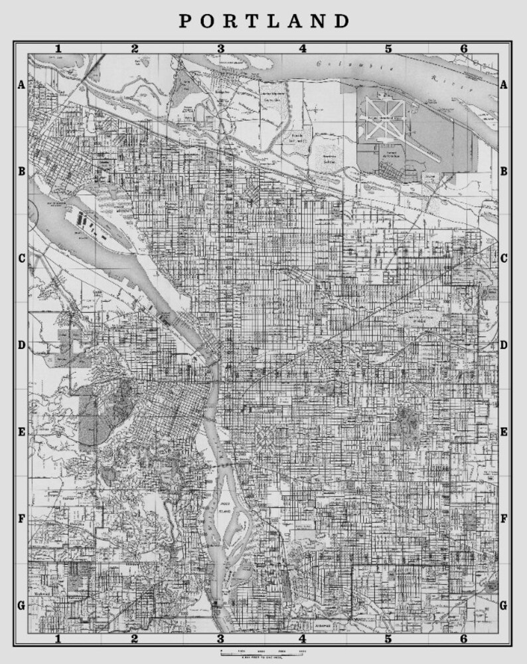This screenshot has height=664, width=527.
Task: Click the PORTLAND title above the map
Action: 264,21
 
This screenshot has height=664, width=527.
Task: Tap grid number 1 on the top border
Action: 58,49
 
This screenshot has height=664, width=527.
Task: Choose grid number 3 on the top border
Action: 220,49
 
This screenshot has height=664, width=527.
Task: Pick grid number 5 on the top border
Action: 388,49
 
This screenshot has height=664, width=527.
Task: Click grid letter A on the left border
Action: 21,84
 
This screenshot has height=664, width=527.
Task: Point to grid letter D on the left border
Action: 21,345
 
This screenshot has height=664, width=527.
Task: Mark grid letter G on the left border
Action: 21,605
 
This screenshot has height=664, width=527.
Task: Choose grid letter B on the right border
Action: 504,171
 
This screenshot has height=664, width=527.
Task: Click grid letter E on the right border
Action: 504,432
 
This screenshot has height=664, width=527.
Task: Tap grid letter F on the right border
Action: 504,518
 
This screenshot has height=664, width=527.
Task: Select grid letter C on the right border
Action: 504,258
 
